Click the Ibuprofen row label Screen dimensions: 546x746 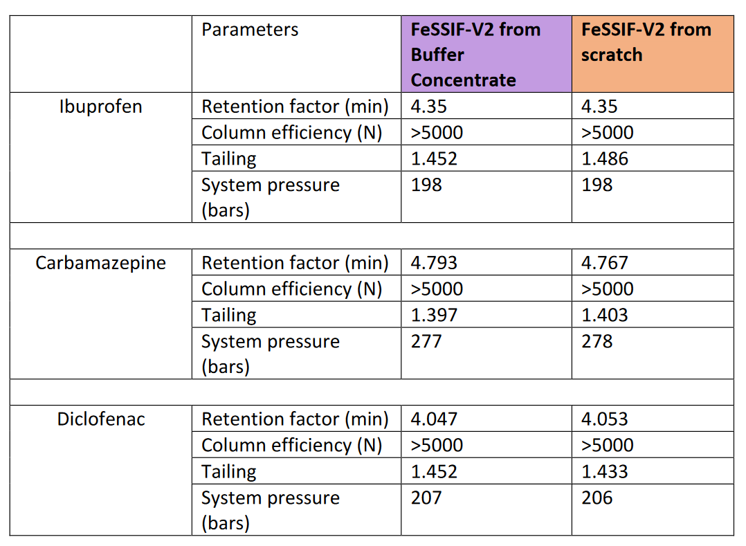pyautogui.click(x=101, y=107)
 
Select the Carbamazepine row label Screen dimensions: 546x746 pyautogui.click(x=101, y=264)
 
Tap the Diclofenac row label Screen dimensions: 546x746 pyautogui.click(x=101, y=420)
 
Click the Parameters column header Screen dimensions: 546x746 pyautogui.click(x=250, y=30)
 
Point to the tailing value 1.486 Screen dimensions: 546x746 pyautogui.click(x=605, y=159)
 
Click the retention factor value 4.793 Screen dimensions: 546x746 pyautogui.click(x=434, y=264)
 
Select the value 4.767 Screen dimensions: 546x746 pyautogui.click(x=605, y=264)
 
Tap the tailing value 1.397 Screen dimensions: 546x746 pyautogui.click(x=434, y=316)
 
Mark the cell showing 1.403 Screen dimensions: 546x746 pyautogui.click(x=605, y=316)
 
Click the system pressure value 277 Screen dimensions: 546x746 pyautogui.click(x=426, y=342)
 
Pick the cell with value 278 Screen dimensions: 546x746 pyautogui.click(x=597, y=342)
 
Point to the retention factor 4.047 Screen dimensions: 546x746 pyautogui.click(x=434, y=420)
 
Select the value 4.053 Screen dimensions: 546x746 pyautogui.click(x=605, y=420)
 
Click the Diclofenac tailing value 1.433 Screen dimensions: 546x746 pyautogui.click(x=605, y=472)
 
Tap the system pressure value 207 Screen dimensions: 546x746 pyautogui.click(x=426, y=498)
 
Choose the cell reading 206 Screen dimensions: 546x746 pyautogui.click(x=597, y=498)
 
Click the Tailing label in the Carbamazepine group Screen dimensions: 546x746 pyautogui.click(x=229, y=316)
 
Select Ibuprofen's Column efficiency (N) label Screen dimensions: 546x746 pyautogui.click(x=291, y=133)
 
